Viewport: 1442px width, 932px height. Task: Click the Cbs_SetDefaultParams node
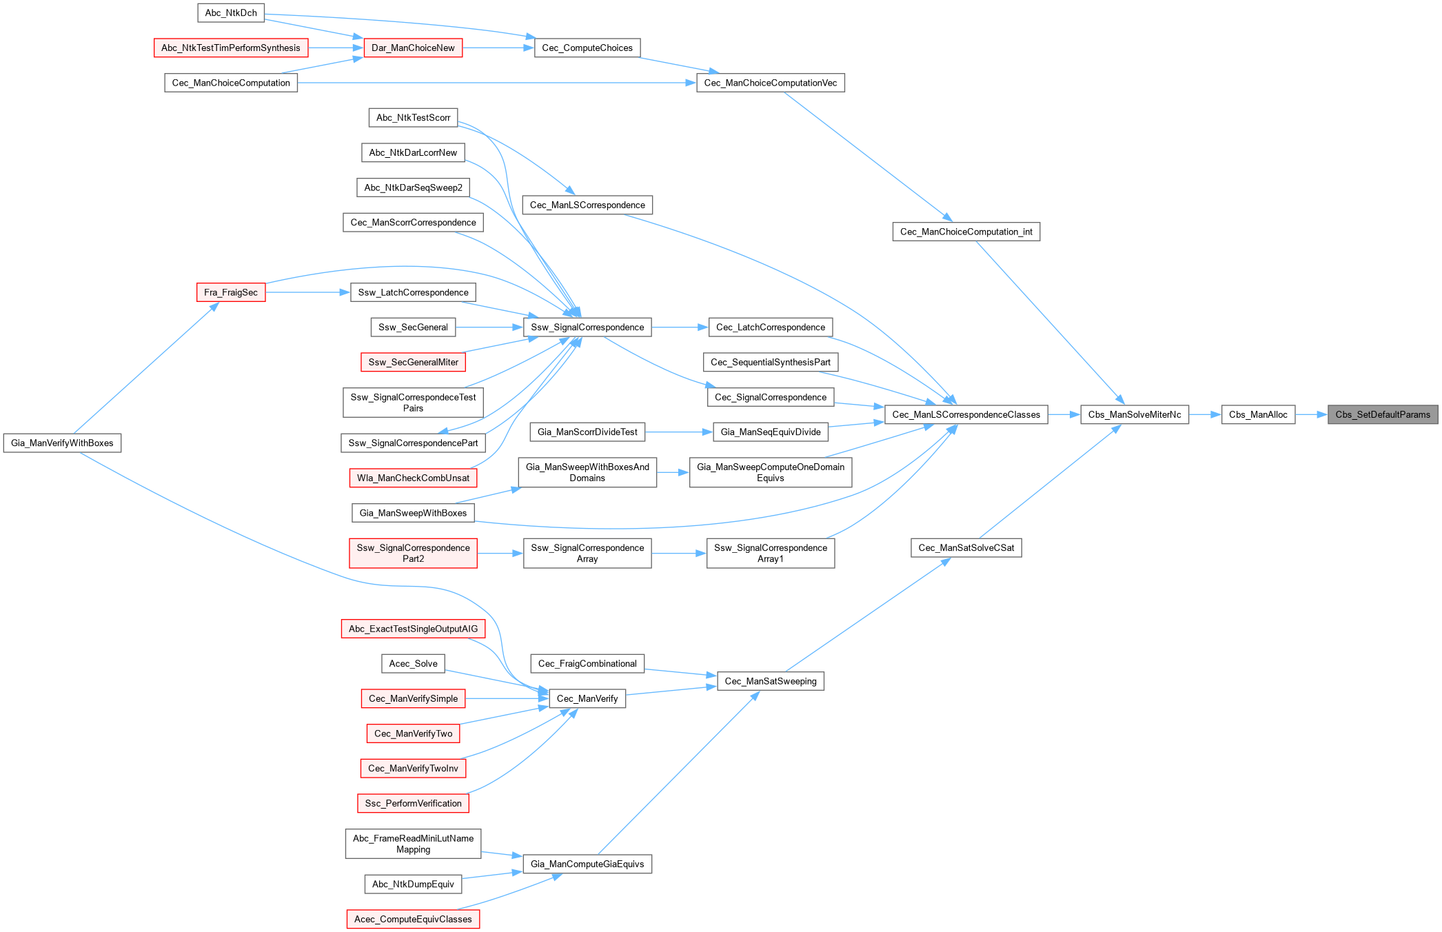(x=1382, y=414)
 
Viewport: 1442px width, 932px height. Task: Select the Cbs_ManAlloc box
(x=1258, y=414)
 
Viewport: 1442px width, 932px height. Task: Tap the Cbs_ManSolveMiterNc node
(x=1134, y=414)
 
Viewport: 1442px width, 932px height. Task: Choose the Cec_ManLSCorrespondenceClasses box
(x=966, y=414)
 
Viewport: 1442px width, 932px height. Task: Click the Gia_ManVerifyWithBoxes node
(x=62, y=443)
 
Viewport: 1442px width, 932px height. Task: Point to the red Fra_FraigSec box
(x=231, y=292)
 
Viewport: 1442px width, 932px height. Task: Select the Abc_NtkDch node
(x=231, y=13)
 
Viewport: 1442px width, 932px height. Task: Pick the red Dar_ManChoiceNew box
(x=413, y=48)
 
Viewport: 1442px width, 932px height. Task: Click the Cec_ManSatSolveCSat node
(x=966, y=547)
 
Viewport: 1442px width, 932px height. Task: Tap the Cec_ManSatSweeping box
(x=770, y=681)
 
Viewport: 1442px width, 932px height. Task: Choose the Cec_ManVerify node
(x=587, y=698)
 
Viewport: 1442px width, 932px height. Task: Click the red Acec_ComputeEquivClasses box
(x=413, y=919)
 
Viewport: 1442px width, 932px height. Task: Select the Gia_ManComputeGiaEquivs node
(x=587, y=864)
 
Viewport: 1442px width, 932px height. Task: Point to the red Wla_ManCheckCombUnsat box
(x=413, y=478)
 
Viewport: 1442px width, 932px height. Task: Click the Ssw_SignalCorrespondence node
(x=587, y=327)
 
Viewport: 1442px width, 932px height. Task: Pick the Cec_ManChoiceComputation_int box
(x=966, y=232)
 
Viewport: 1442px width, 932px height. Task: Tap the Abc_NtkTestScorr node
(x=413, y=118)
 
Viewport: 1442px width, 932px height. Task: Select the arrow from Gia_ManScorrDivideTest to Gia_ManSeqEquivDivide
(x=679, y=432)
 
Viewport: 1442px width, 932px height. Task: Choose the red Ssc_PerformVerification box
(x=413, y=803)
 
